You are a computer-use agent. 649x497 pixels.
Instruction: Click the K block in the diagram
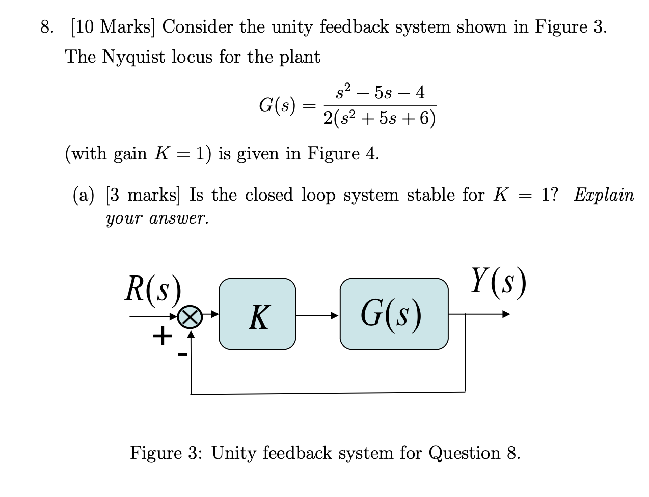tap(257, 314)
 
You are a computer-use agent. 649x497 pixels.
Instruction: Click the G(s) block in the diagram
tap(394, 314)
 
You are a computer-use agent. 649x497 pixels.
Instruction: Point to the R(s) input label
tap(153, 290)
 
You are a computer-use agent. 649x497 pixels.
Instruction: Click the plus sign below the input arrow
tap(162, 337)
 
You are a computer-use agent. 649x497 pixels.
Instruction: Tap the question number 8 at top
tap(46, 27)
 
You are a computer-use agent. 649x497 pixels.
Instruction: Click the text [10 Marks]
tap(113, 27)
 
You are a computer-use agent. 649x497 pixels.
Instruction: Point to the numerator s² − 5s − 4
tap(380, 93)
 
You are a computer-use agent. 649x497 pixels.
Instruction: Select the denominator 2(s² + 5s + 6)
tap(380, 119)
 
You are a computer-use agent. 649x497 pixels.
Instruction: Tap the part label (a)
tap(84, 196)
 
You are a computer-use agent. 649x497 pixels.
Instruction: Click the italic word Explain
tap(604, 196)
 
